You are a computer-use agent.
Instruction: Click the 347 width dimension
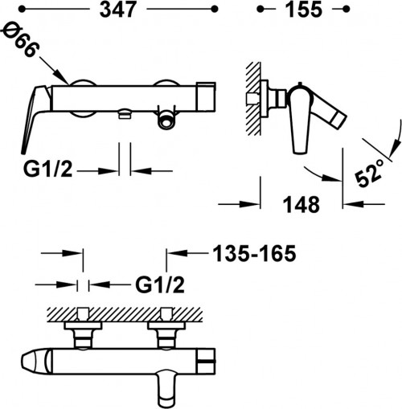(x=117, y=10)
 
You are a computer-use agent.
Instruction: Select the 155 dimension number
(x=303, y=10)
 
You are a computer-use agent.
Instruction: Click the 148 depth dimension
(x=301, y=204)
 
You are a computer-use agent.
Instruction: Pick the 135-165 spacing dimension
(x=255, y=253)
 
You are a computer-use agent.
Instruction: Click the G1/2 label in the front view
(x=48, y=169)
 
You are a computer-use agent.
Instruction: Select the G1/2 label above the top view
(x=160, y=284)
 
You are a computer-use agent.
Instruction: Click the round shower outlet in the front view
(x=166, y=121)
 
